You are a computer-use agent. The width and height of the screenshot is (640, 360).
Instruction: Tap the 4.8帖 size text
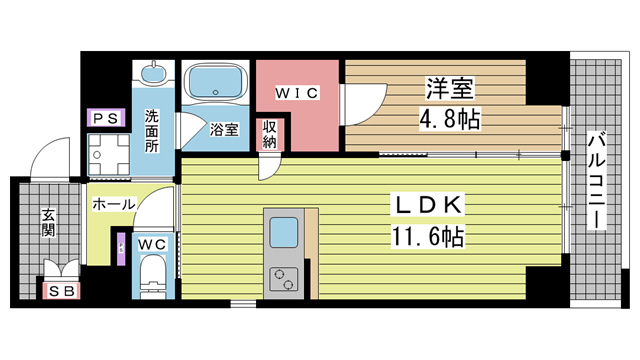pos(448,120)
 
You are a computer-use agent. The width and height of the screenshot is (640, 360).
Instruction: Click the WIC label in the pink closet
pos(297,93)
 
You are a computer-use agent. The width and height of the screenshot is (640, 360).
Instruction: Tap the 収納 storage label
pos(270,134)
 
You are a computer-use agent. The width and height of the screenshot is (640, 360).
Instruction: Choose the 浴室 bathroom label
pos(223,129)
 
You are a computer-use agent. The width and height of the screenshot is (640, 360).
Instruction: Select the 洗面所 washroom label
pos(151,127)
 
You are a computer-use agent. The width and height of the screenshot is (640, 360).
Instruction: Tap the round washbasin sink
pos(153,75)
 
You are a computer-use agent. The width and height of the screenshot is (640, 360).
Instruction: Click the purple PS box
pos(104,118)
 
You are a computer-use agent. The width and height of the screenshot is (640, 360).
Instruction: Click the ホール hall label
pos(112,203)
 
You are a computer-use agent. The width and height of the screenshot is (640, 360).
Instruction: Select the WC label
pos(152,244)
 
